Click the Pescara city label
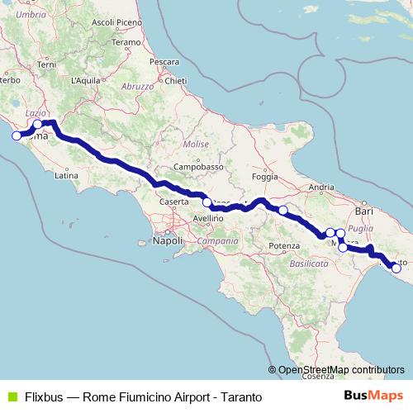point(164,62)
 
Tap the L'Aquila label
point(86,80)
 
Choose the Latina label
point(65,175)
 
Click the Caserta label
point(173,202)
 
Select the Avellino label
point(208,218)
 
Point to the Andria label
point(320,188)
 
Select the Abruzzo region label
point(137,86)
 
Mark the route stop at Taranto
point(396,268)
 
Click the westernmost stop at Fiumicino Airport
point(16,135)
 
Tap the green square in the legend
point(12,396)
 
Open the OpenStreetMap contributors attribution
point(339,370)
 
